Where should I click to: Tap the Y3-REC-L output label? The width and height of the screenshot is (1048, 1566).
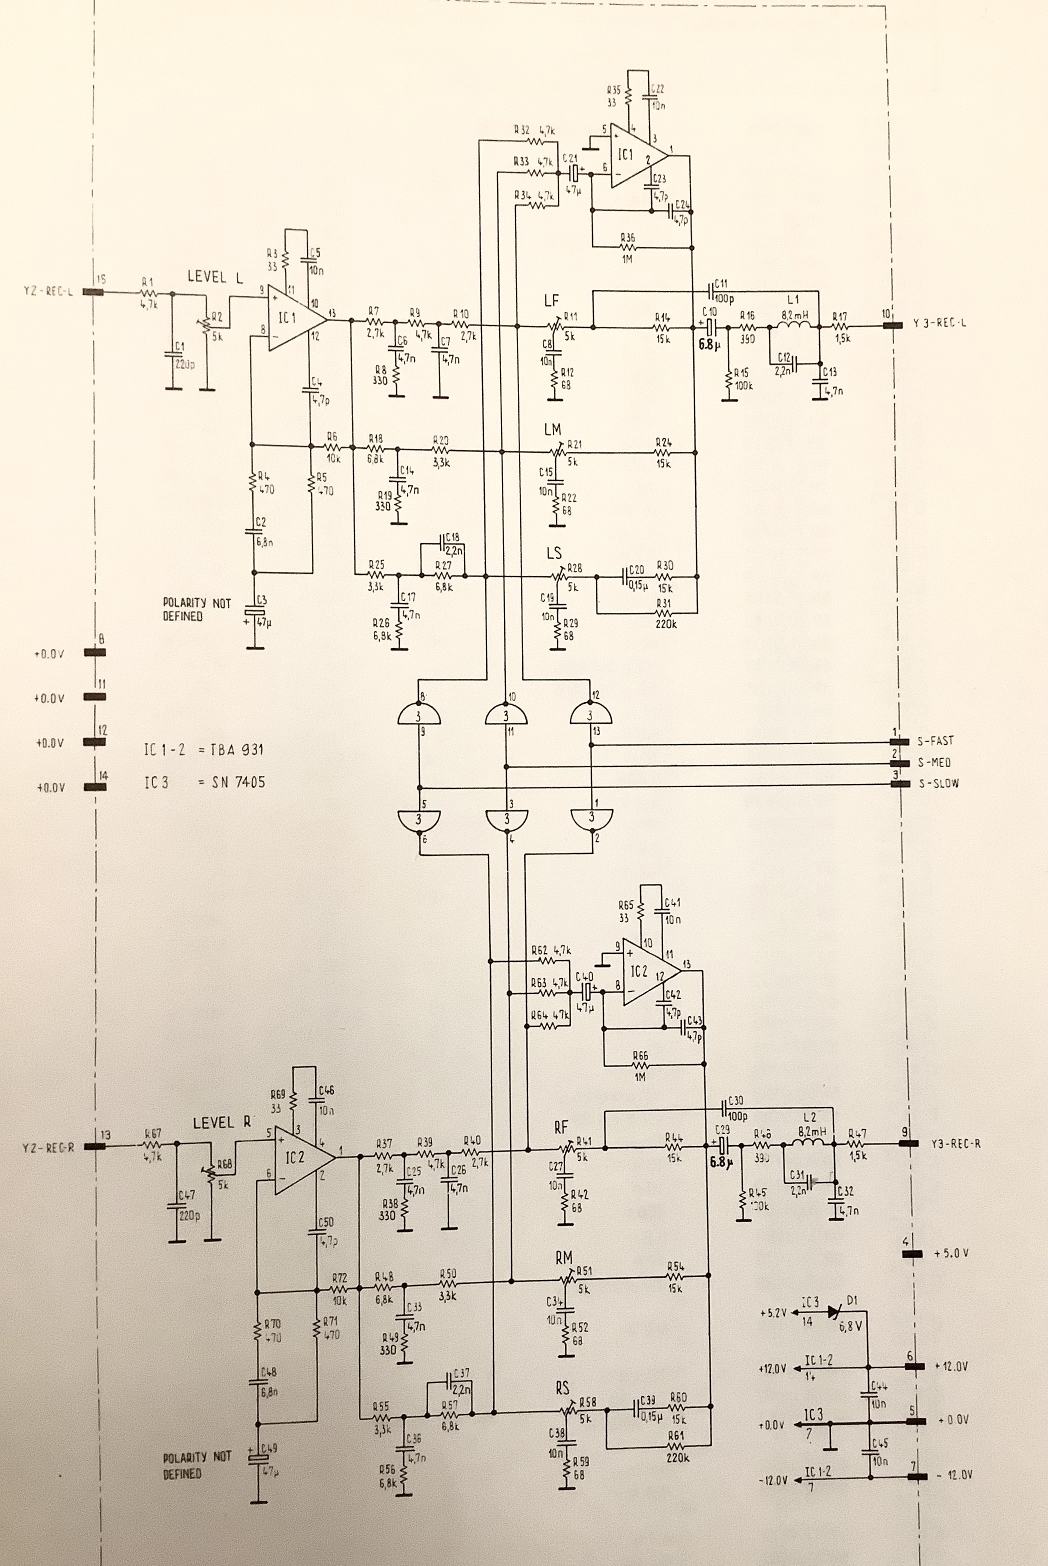[x=939, y=324]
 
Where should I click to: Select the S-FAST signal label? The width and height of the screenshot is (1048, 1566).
[x=935, y=740]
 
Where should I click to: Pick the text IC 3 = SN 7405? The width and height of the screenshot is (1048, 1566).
[x=204, y=782]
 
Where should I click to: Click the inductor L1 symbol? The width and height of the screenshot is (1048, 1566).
[x=793, y=325]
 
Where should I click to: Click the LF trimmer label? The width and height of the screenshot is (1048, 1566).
[x=551, y=301]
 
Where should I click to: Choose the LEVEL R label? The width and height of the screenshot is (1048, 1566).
[x=221, y=1123]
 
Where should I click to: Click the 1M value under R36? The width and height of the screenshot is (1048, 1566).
[x=626, y=258]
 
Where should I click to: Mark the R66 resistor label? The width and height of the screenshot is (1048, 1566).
[x=639, y=1056]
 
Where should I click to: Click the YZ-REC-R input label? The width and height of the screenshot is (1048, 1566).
[x=47, y=1147]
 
